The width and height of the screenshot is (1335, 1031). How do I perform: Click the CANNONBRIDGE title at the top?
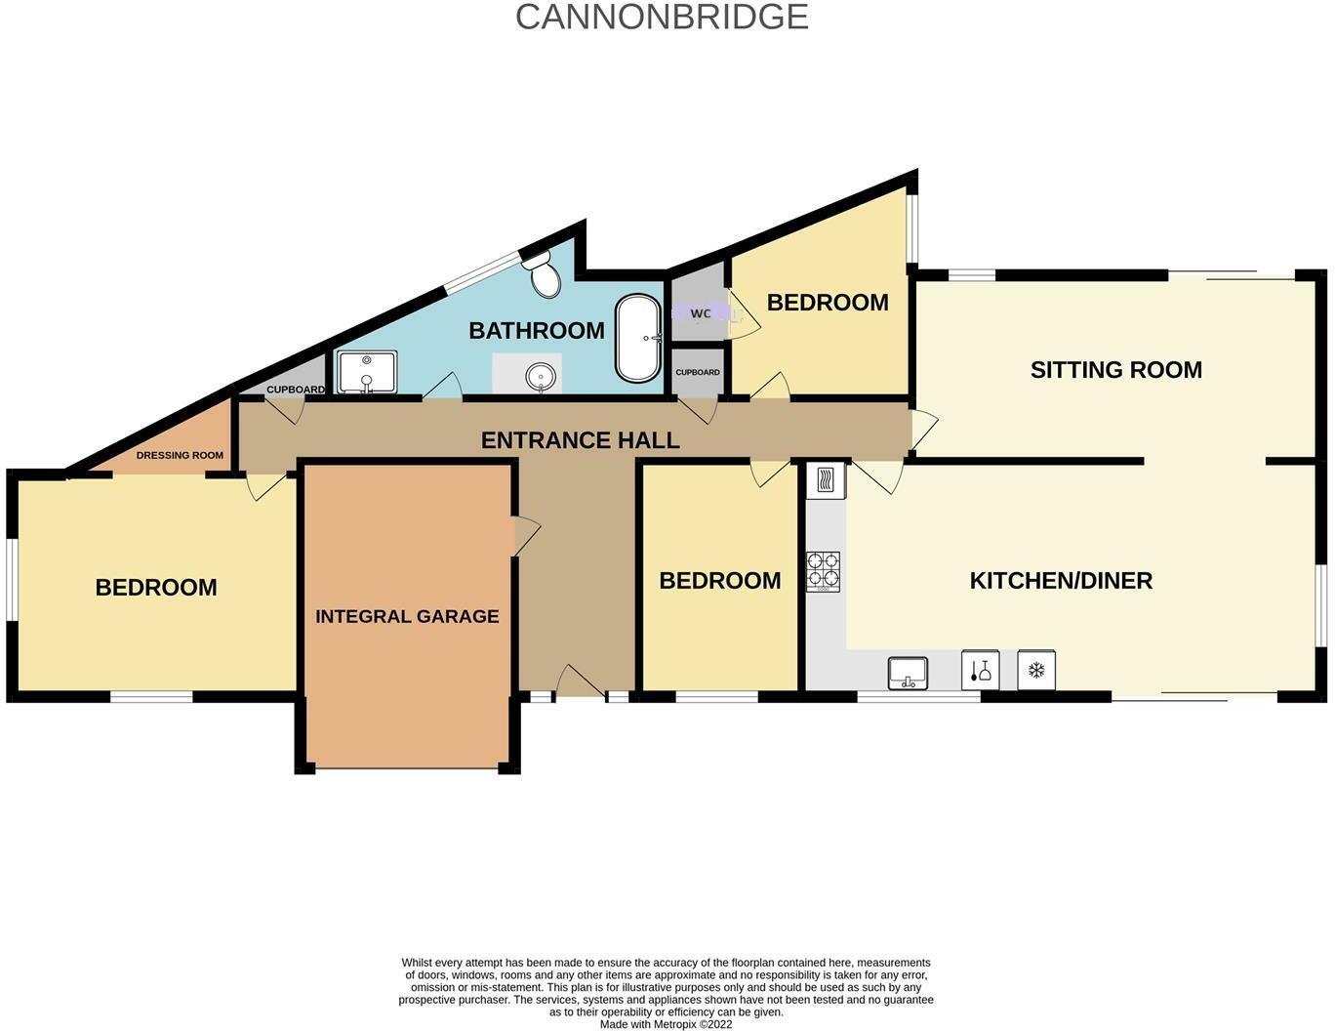(662, 17)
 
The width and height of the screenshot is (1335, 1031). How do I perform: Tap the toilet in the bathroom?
(543, 274)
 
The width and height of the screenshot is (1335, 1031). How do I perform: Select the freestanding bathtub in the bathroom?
(638, 338)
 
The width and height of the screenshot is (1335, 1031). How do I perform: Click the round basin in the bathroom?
(541, 375)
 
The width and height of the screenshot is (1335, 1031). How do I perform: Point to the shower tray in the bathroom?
(367, 373)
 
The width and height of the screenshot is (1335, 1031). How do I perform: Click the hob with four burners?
(823, 571)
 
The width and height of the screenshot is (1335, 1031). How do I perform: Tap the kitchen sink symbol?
(908, 673)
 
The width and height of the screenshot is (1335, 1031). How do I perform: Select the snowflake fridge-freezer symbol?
(1036, 671)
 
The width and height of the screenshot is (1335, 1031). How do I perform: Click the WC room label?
(701, 313)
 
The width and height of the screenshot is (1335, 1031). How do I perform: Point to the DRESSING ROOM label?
(180, 455)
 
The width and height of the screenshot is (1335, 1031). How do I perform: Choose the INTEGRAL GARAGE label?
(407, 616)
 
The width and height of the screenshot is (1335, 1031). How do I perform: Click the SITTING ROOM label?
(1115, 370)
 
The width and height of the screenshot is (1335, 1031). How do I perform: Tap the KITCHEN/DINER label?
(1061, 581)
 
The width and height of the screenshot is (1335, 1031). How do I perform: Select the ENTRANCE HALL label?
(580, 440)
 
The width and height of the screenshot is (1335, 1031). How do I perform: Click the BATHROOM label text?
(537, 330)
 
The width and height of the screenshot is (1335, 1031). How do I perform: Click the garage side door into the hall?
(525, 535)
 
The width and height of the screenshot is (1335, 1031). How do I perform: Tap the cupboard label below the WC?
(698, 372)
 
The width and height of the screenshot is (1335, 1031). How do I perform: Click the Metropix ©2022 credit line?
(666, 1024)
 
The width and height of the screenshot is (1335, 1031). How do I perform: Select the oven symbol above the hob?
(826, 480)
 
